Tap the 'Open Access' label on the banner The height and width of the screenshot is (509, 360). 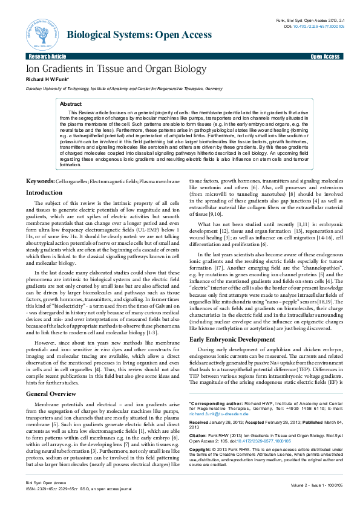click(x=326, y=56)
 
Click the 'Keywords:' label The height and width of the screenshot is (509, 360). click(x=40, y=164)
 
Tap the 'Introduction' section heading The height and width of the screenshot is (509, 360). click(x=44, y=175)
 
